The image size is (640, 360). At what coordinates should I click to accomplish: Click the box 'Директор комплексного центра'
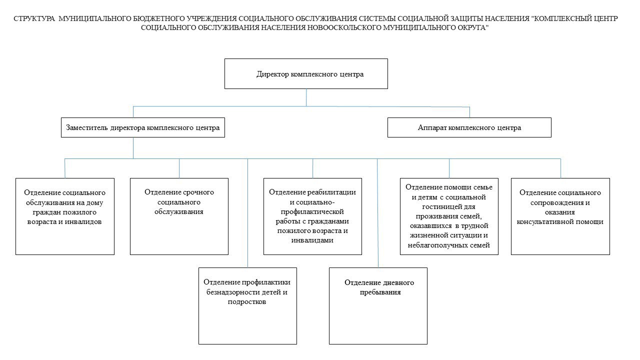tap(306, 74)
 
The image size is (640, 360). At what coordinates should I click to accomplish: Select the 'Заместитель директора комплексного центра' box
tap(142, 127)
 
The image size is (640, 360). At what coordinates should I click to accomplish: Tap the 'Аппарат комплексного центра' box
tap(469, 127)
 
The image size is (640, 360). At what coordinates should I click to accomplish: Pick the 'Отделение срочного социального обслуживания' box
tap(179, 216)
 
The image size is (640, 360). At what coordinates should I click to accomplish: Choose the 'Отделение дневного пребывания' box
tap(378, 305)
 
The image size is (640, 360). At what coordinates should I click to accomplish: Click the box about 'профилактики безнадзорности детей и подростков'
tap(247, 305)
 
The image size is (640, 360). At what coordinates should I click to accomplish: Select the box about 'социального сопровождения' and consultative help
tap(560, 216)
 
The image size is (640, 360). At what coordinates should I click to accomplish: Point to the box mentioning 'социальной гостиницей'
tap(449, 216)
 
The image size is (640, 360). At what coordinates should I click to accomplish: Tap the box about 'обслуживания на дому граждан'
tap(65, 216)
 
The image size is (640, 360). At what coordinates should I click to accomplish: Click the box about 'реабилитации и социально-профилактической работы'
tap(312, 216)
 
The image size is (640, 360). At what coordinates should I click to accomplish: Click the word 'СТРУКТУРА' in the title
tap(35, 18)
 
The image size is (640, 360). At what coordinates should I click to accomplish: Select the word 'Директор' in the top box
tap(271, 74)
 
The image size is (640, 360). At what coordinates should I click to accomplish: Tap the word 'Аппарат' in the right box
tap(432, 128)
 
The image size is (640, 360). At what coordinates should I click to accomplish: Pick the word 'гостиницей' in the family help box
tap(450, 206)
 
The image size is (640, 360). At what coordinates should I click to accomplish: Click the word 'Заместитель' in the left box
tap(86, 128)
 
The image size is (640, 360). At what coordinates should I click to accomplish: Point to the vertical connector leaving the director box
tap(306, 97)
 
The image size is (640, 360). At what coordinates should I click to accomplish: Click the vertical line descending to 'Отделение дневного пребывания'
tap(378, 215)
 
